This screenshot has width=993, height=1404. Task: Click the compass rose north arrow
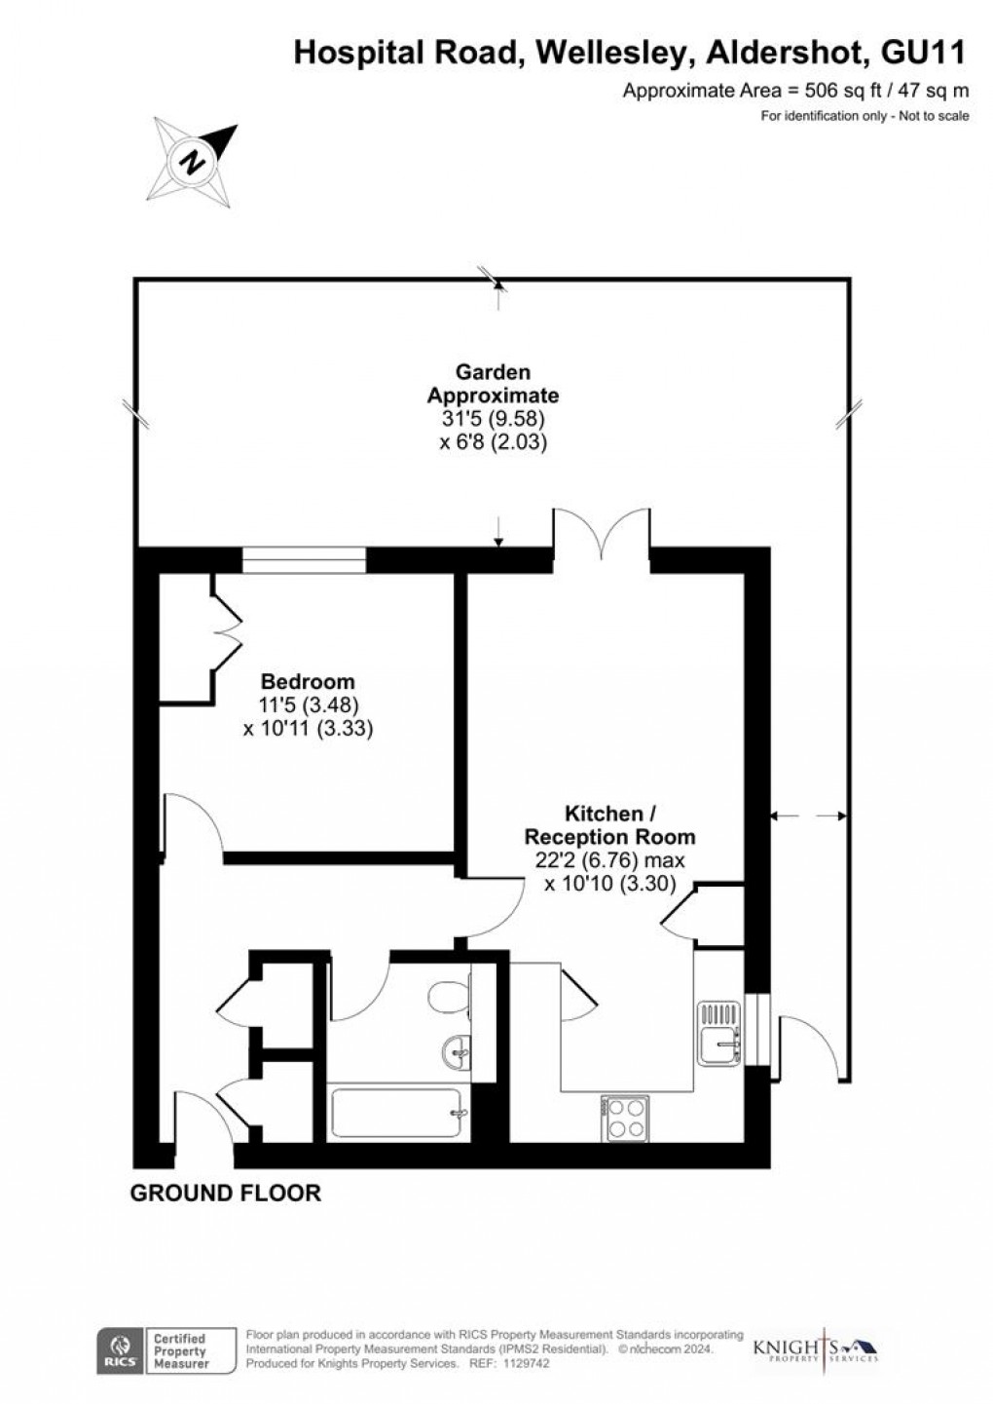tap(196, 159)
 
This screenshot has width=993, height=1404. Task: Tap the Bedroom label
tap(308, 682)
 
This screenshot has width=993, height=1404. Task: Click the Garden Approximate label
tap(494, 384)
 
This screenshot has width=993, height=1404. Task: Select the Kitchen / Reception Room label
tap(610, 824)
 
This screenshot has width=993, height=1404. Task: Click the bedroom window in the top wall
tap(304, 558)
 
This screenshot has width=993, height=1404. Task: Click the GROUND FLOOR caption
tap(226, 1193)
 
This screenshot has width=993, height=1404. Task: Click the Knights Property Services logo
tap(816, 1349)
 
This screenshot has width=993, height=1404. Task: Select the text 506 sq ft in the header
tap(831, 92)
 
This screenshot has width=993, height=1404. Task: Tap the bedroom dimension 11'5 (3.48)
tap(308, 704)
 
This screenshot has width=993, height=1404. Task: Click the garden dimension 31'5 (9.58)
tap(494, 419)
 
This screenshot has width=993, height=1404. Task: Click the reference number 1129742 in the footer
tap(524, 1365)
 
